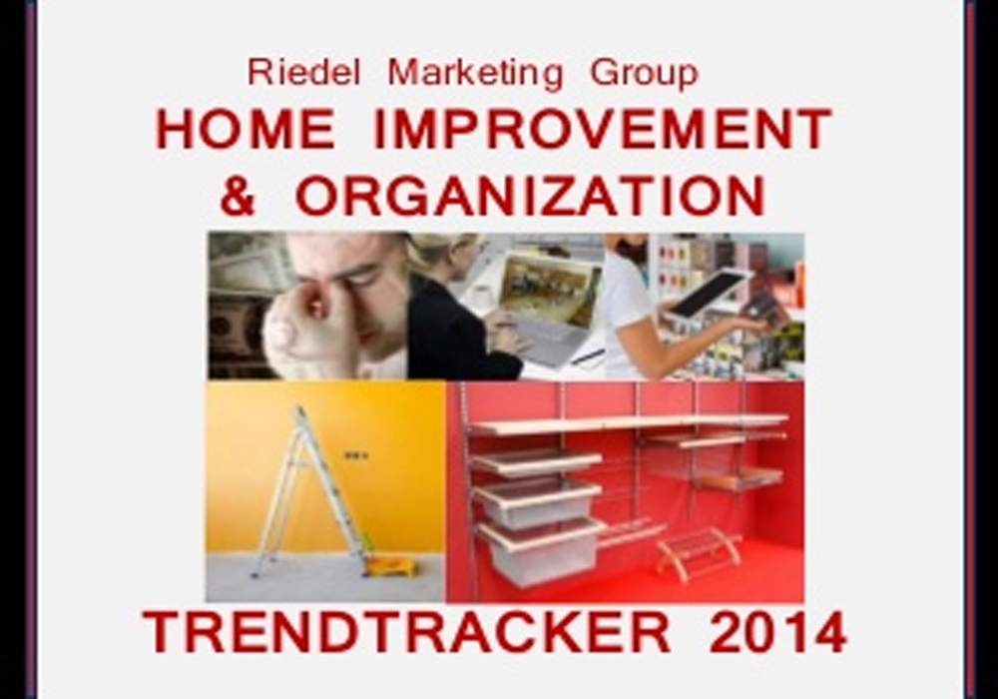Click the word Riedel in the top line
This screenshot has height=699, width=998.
point(303,72)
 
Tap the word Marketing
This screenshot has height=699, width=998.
point(475,74)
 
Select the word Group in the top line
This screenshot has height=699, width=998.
point(644,74)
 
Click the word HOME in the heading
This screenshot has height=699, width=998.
point(246,129)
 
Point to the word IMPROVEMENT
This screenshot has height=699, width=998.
point(602,129)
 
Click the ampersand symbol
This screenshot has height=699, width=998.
point(238,196)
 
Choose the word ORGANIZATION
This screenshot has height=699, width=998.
point(530,196)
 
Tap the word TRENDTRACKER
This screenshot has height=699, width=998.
point(406,631)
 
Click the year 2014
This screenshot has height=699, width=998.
point(777,631)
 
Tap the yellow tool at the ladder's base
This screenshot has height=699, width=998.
point(389,564)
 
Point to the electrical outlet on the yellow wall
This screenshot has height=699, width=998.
point(356,455)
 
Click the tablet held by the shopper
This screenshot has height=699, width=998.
point(708,295)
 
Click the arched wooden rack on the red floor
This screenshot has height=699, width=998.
point(699,554)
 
